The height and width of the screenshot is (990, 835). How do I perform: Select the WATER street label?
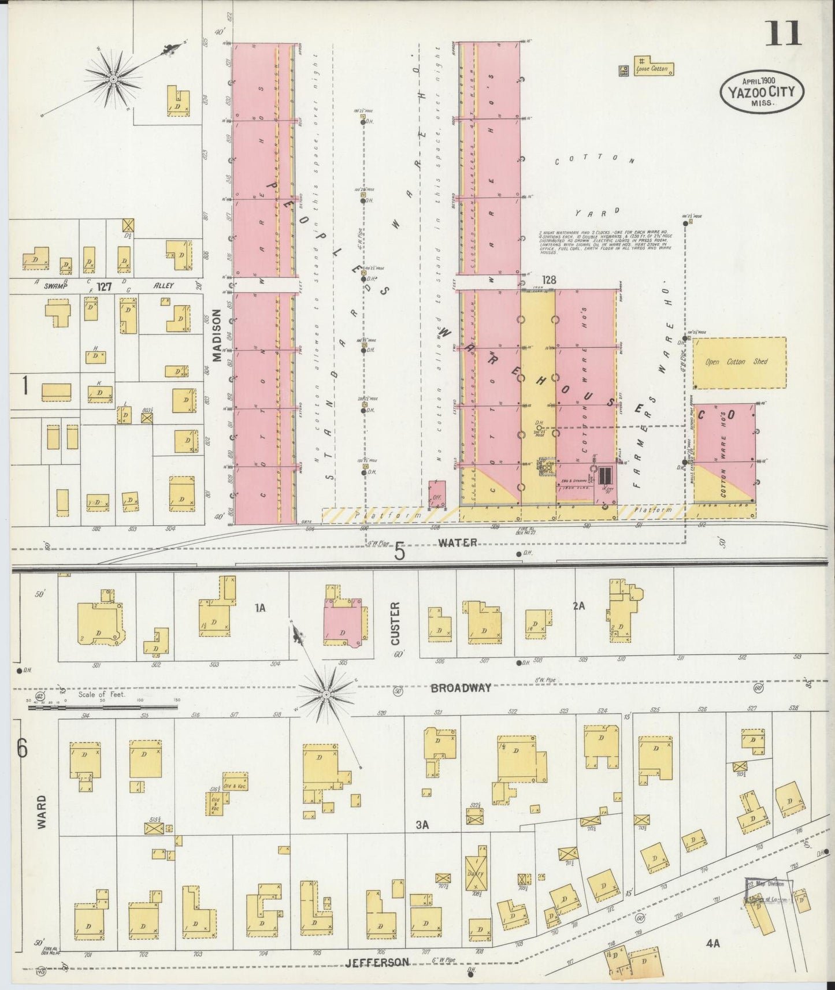click(458, 542)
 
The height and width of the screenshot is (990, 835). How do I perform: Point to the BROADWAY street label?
click(461, 688)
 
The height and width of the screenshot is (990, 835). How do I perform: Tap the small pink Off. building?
click(437, 494)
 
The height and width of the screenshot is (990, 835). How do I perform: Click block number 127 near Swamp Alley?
click(104, 286)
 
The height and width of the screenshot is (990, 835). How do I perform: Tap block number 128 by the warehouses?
click(548, 280)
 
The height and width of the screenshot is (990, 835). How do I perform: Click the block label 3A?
click(422, 825)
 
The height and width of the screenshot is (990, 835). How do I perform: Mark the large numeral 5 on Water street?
click(399, 553)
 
